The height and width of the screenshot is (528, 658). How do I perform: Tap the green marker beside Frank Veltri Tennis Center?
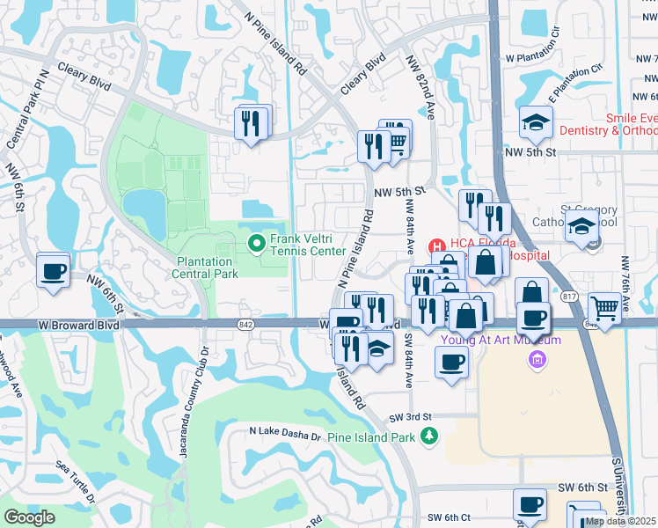click(x=258, y=243)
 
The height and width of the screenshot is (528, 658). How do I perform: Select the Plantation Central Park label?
click(x=208, y=268)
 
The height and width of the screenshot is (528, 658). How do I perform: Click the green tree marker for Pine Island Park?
click(x=428, y=436)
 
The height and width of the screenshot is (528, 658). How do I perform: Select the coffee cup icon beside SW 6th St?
click(x=530, y=504)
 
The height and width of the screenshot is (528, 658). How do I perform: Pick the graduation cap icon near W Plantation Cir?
click(x=534, y=123)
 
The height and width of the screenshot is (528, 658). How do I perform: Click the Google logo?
click(x=29, y=517)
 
